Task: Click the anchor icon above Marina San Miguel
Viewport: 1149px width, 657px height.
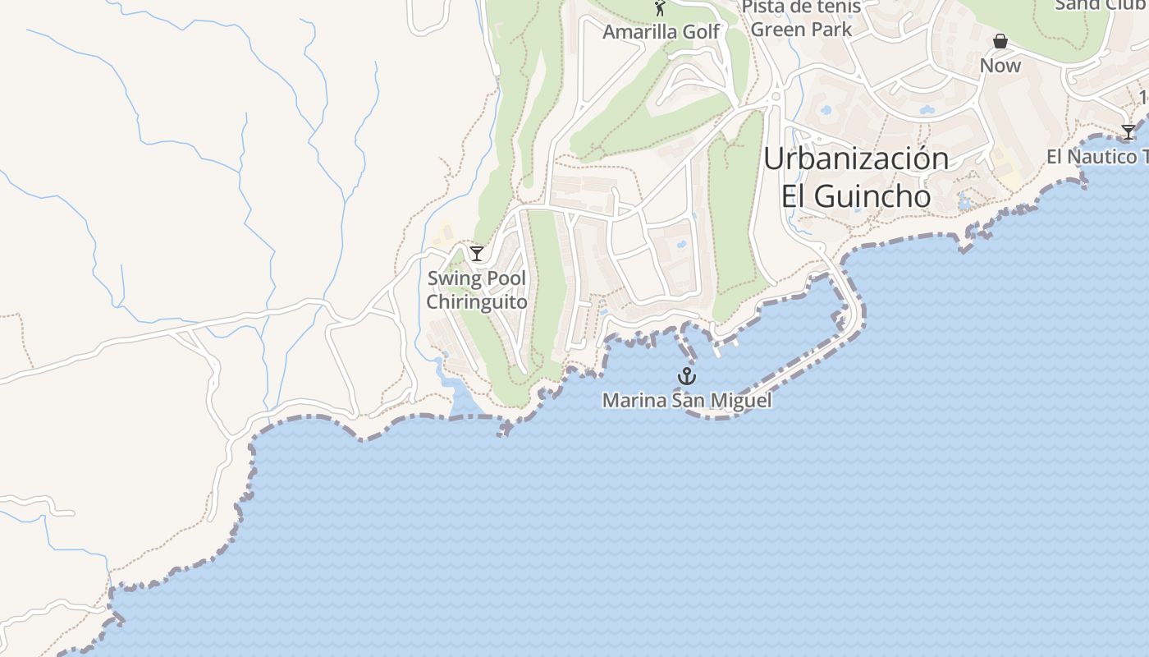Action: [686, 376]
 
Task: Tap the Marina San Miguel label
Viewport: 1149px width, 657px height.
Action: [686, 401]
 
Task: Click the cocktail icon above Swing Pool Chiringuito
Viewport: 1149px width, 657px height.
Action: [476, 253]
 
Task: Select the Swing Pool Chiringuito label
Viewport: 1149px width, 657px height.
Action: [477, 290]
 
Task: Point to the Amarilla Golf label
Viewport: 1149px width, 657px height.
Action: [661, 32]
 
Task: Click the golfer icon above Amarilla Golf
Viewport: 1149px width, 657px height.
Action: [660, 8]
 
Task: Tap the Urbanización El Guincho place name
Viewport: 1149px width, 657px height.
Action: [856, 177]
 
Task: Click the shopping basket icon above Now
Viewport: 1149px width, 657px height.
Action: [1000, 41]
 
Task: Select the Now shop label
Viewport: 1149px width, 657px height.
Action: [1000, 66]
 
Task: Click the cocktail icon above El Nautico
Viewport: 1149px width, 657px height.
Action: [1128, 132]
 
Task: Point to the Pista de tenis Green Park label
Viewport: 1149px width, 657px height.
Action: [801, 18]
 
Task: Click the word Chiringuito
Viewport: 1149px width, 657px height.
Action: [477, 302]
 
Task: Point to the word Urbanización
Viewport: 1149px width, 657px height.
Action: [856, 159]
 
